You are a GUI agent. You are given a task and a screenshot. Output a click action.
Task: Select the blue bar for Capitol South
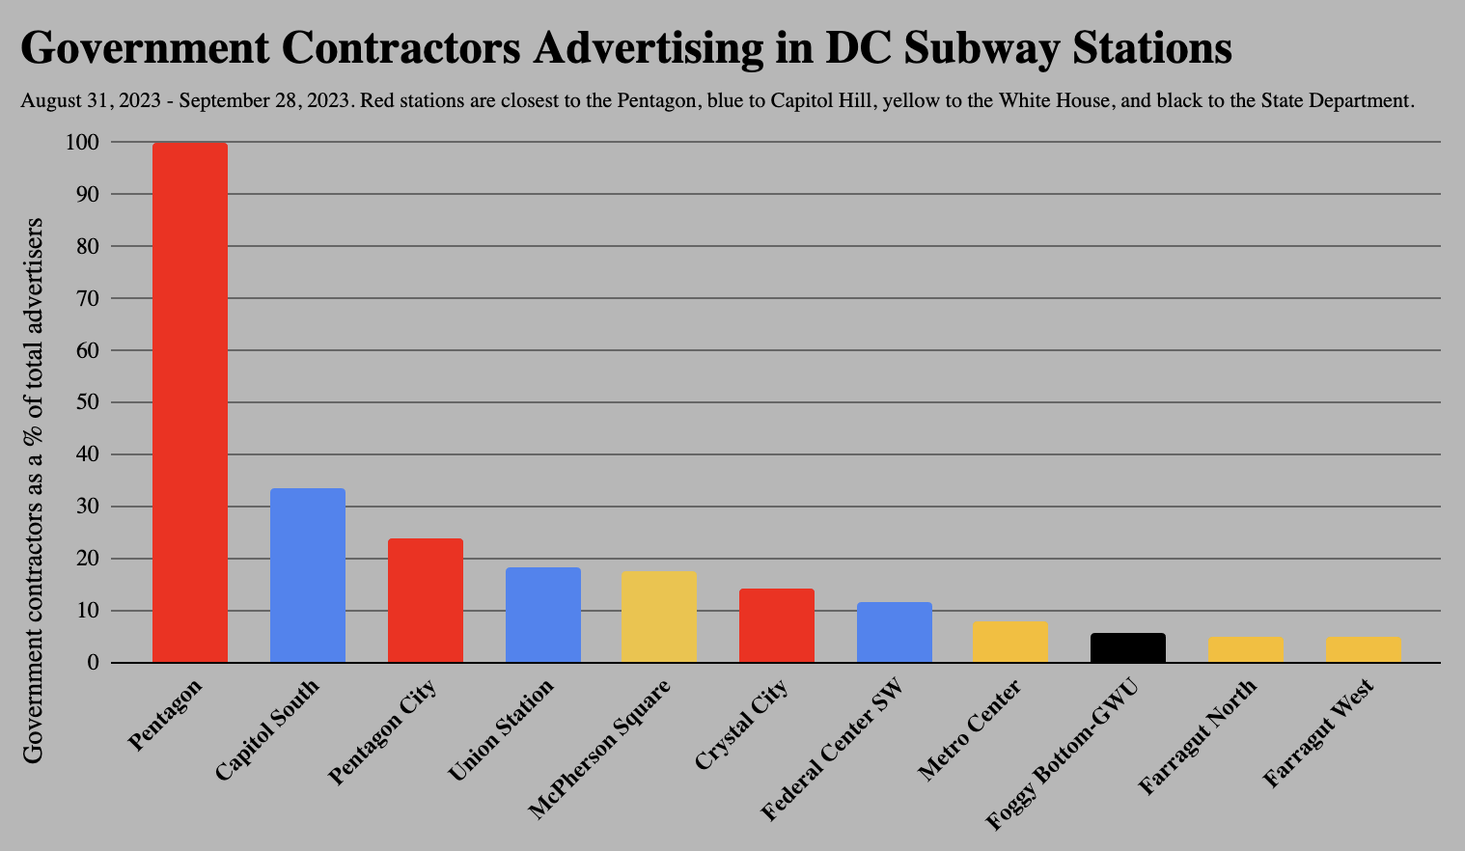coord(308,575)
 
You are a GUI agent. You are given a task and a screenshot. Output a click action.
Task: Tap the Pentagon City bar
coord(426,600)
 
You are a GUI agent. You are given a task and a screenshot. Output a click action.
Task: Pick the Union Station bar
coord(543,615)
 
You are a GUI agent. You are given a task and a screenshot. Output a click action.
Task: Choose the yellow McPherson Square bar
coord(659,617)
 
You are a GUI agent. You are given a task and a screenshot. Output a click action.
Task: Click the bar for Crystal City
coord(777,625)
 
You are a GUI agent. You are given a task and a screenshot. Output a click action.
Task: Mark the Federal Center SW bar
coord(895,632)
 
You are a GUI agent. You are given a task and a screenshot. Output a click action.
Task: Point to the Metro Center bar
coord(1010,642)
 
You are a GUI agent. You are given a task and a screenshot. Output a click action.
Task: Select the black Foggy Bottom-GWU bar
coord(1128,647)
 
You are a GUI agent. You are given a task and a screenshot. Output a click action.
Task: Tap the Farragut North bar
coord(1246,649)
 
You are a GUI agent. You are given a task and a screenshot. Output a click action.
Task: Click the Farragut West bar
coord(1364,649)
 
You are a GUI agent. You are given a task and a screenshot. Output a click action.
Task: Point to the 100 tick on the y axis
coord(82,142)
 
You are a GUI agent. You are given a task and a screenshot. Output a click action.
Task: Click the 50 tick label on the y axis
coord(88,402)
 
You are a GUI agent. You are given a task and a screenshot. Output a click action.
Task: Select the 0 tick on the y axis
coord(94,663)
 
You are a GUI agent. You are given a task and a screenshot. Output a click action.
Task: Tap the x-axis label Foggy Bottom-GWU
coord(1063,755)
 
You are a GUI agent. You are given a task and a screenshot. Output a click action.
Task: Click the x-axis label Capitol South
coord(267,729)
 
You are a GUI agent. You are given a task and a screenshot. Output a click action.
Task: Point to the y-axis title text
coord(34,490)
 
